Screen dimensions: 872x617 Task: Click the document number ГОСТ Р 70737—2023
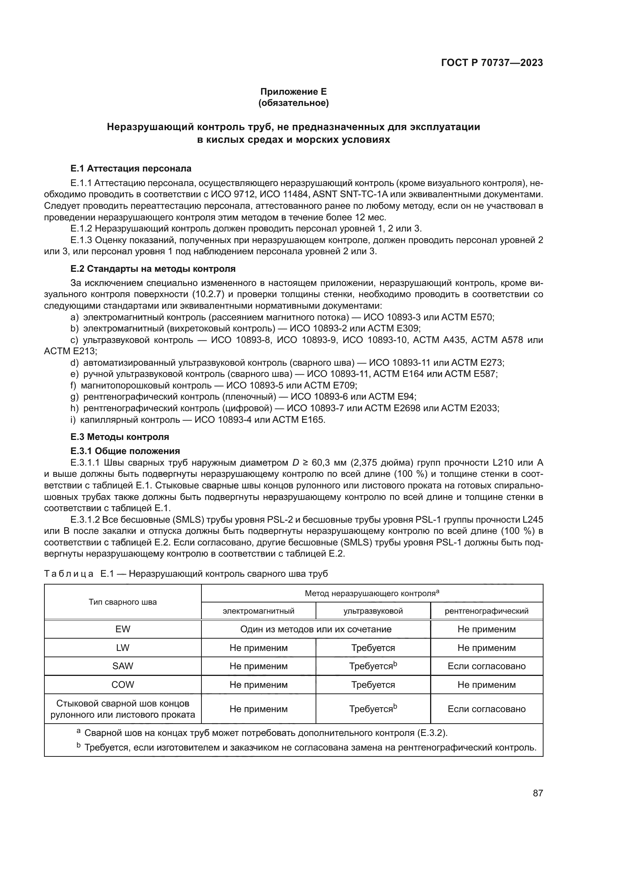tap(492, 63)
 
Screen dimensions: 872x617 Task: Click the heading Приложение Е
tap(293, 92)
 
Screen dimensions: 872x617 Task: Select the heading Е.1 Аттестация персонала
tap(131, 168)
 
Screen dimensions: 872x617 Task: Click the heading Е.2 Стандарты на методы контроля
tap(153, 269)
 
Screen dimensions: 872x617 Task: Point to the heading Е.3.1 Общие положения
tap(125, 451)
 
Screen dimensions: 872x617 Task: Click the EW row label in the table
tap(123, 629)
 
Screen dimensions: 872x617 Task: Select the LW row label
tap(123, 648)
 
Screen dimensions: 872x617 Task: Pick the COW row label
tap(123, 684)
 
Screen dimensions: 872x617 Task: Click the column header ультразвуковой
tap(373, 611)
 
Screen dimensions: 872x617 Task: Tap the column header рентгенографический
tap(486, 611)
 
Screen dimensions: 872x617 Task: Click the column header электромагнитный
tap(259, 611)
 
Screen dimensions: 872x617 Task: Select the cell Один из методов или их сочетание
tap(316, 629)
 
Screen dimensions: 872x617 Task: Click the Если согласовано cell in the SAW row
tap(486, 666)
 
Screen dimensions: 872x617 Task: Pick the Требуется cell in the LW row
tap(373, 648)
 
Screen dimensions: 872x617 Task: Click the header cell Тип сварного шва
tap(123, 602)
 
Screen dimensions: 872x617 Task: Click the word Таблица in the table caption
tap(69, 574)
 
